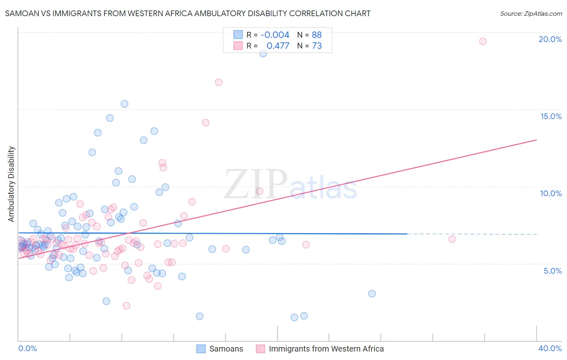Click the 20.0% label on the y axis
550,39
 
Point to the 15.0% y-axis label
551,116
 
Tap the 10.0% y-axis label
551,193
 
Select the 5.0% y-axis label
552,271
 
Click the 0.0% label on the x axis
27,348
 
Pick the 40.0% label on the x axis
550,348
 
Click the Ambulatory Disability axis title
11,184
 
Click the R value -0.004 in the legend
275,35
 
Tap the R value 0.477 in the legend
278,46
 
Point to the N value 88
317,35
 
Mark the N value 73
317,46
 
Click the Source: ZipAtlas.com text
531,14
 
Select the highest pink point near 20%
483,41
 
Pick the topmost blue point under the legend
263,53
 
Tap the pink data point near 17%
219,82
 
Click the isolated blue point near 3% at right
372,293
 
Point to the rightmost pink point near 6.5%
452,239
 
